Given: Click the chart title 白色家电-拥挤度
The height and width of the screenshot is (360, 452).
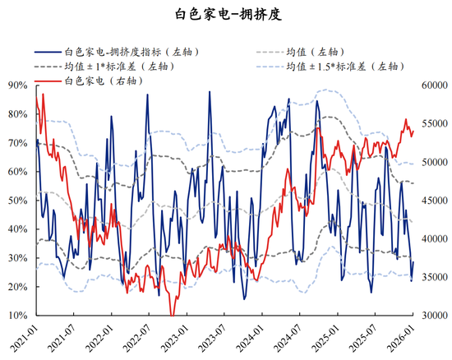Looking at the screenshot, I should click(226, 14).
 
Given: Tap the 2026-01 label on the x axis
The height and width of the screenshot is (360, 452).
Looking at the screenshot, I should click(408, 335).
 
